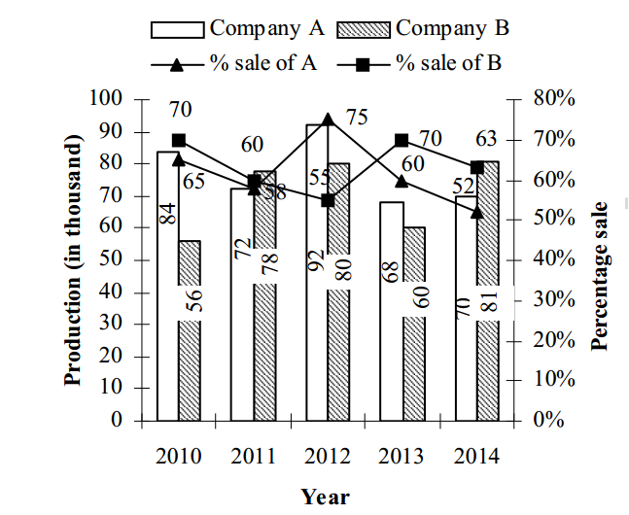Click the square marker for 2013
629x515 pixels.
[402, 140]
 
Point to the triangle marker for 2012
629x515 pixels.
[328, 120]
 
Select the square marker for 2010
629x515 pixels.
[178, 140]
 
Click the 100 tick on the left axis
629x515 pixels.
[108, 99]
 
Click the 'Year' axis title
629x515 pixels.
[325, 497]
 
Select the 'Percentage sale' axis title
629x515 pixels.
[601, 275]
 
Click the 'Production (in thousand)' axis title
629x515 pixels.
[74, 260]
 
